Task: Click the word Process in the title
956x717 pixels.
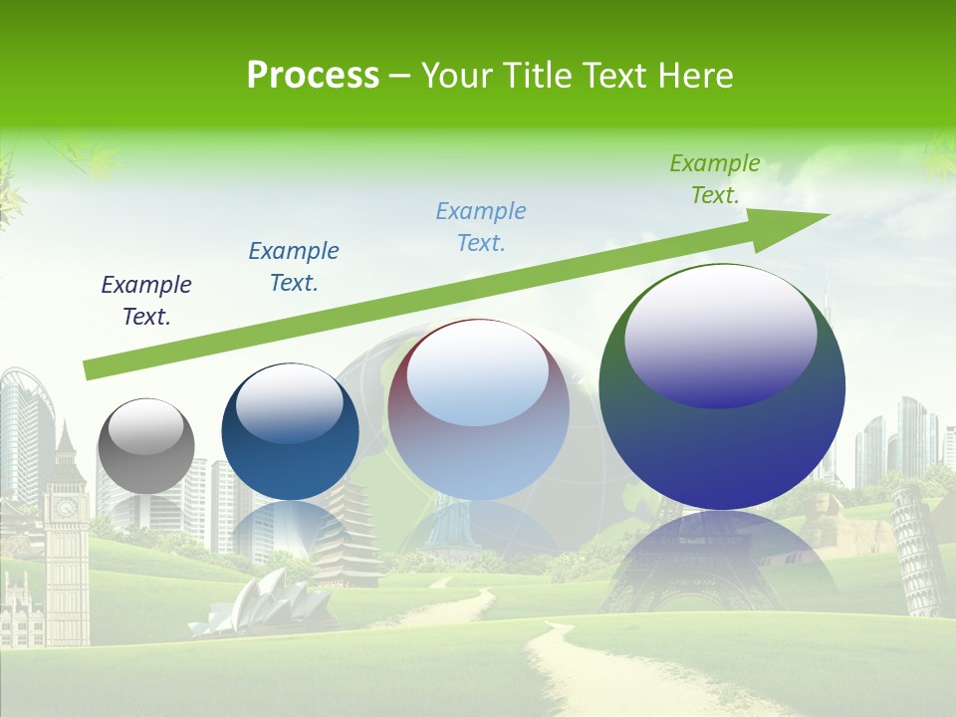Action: [313, 76]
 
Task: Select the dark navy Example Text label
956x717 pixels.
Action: [146, 301]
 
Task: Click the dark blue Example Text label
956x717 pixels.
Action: [294, 267]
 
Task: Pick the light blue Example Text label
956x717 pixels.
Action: [481, 227]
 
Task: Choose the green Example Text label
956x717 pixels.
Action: [715, 179]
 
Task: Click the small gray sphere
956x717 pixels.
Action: [145, 446]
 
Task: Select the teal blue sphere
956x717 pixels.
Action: [290, 432]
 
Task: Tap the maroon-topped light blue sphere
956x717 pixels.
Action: [478, 410]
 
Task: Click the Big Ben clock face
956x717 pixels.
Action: [66, 508]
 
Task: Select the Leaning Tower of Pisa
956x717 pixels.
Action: [919, 553]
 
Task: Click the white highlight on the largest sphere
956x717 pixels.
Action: [720, 334]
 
